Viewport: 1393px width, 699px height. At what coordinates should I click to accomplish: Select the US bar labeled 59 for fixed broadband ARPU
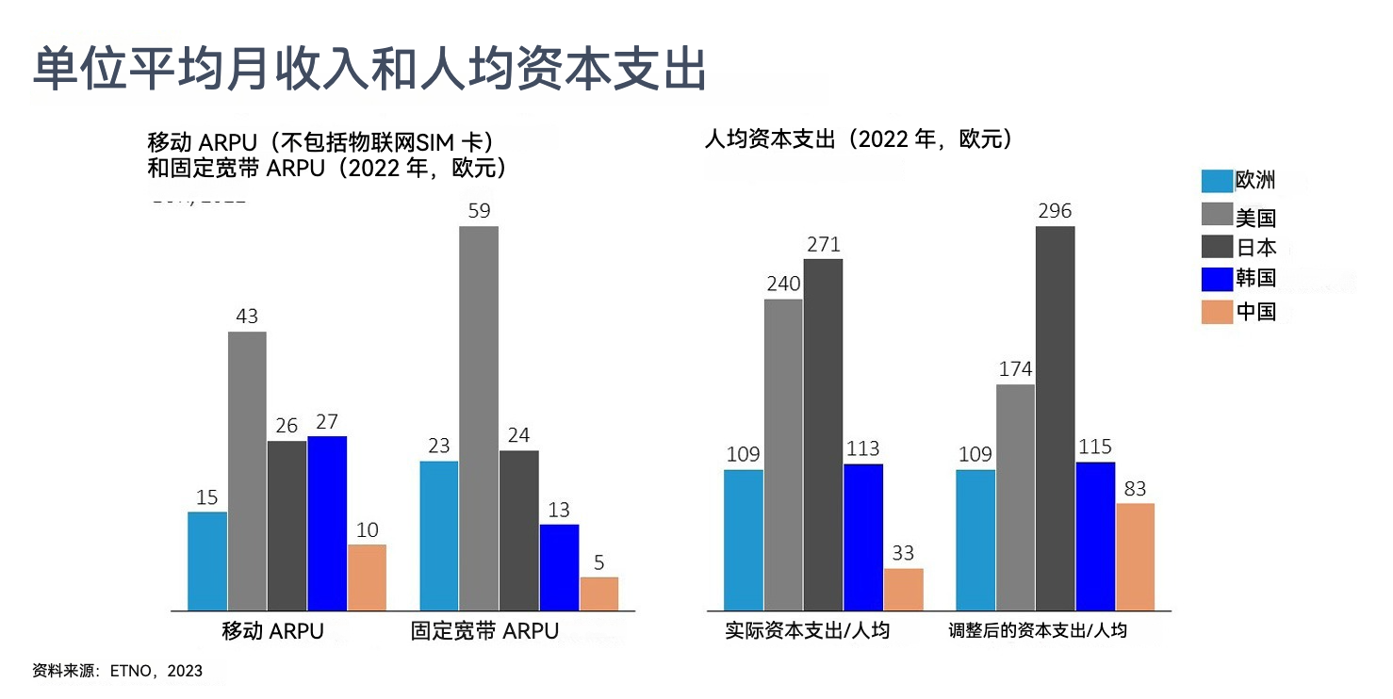click(x=479, y=417)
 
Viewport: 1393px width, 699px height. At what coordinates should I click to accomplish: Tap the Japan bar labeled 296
click(x=1055, y=417)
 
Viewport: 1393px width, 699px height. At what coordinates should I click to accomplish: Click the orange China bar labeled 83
click(x=1135, y=556)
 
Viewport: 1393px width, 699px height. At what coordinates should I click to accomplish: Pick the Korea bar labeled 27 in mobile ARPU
click(x=327, y=523)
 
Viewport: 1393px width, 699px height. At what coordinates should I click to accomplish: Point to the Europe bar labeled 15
click(x=207, y=561)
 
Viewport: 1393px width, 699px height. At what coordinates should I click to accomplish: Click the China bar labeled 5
click(x=599, y=593)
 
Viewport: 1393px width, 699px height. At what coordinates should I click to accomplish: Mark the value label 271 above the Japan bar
click(x=823, y=245)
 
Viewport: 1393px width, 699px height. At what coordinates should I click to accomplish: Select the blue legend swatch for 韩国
click(x=1217, y=278)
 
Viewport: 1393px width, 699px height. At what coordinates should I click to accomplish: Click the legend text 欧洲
click(x=1255, y=181)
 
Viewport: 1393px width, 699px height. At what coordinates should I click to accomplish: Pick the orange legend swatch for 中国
click(x=1217, y=312)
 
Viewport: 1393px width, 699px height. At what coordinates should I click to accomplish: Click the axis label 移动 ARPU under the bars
click(x=272, y=631)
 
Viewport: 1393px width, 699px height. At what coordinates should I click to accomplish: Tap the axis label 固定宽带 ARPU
click(x=484, y=631)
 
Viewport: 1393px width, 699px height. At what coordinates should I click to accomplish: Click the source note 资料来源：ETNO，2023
click(x=117, y=672)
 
